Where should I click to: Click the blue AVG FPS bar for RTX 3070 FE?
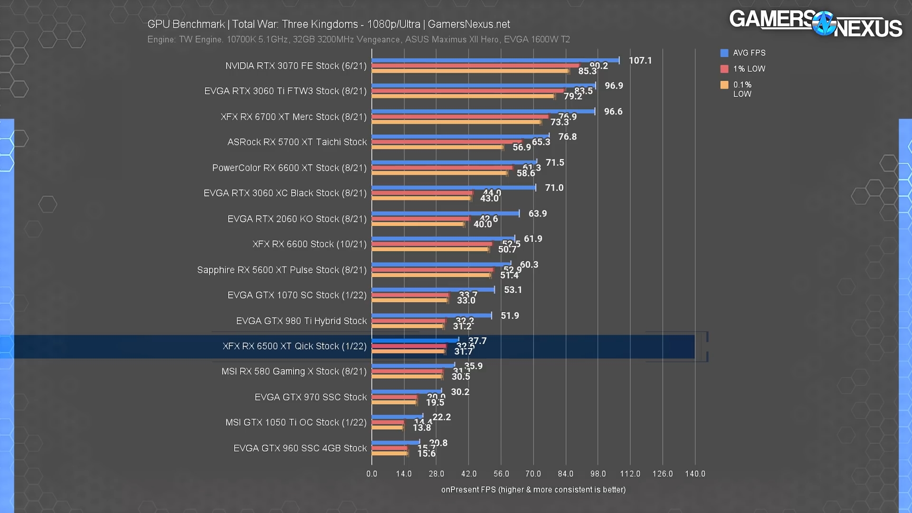coord(495,60)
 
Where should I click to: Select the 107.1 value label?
coord(640,60)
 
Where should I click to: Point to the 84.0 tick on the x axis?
coord(565,474)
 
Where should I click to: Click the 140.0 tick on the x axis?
coord(694,474)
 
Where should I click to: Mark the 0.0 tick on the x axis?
coord(371,474)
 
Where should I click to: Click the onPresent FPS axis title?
coord(533,490)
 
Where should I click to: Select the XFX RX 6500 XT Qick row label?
coord(294,346)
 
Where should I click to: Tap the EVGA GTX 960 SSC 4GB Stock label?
coord(300,448)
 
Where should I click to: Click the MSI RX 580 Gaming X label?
coord(294,371)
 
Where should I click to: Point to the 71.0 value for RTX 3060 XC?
coord(554,188)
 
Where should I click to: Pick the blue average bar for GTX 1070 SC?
coord(433,289)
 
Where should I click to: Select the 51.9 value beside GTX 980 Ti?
coord(510,315)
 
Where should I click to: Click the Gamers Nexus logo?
coord(815,24)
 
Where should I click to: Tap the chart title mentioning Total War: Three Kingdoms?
coord(328,24)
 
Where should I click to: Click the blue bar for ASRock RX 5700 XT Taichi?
coord(460,136)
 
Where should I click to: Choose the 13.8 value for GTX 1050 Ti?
coord(421,427)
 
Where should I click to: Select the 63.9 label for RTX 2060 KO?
coord(537,213)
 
